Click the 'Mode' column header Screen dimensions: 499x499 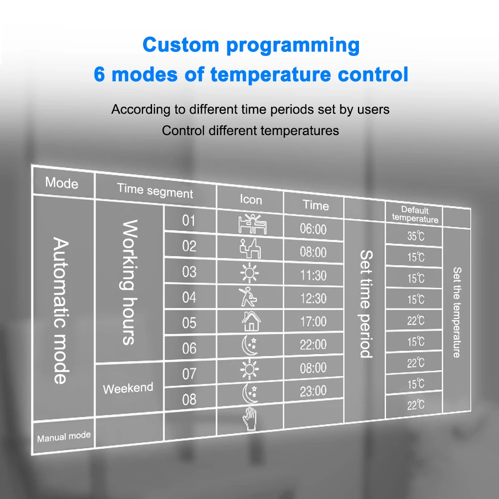(62, 183)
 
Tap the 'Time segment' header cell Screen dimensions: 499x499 (155, 190)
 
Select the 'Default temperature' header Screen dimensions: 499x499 (415, 214)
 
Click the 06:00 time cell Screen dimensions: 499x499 (313, 229)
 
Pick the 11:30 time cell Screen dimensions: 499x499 (313, 275)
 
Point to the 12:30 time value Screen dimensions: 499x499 (313, 299)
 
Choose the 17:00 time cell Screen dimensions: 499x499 (313, 322)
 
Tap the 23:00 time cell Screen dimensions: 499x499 (313, 391)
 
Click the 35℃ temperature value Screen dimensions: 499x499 (415, 236)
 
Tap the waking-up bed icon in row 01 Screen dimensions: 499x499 (251, 223)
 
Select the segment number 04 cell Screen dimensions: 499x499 (189, 297)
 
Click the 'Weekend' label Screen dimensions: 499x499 (128, 388)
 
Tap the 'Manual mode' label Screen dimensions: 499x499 (64, 437)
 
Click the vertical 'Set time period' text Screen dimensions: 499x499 (365, 304)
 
